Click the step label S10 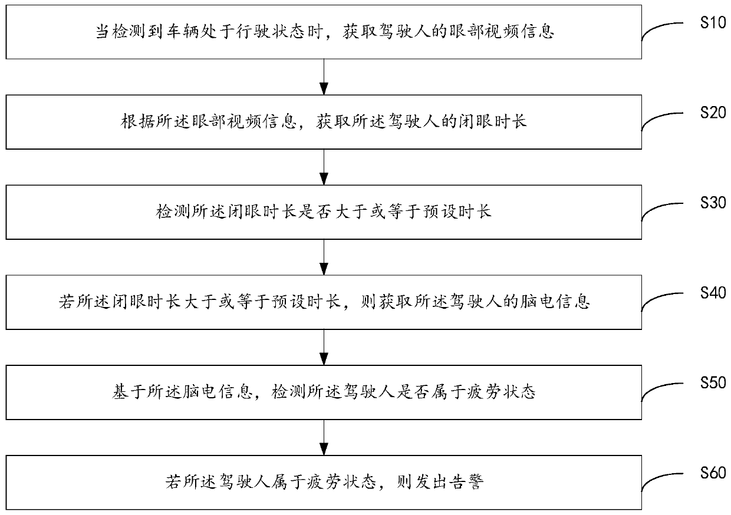click(710, 23)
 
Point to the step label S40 click(712, 292)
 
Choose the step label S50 click(712, 382)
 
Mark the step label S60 click(712, 473)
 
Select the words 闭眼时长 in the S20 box click(493, 121)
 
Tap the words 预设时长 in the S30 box click(459, 212)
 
